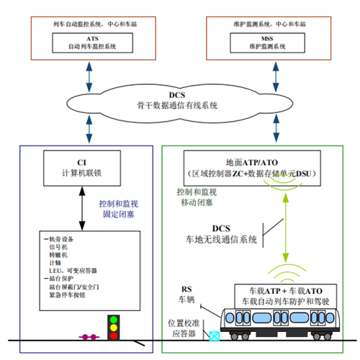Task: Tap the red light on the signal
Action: (112, 319)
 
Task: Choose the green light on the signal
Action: (112, 338)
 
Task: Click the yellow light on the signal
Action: (112, 328)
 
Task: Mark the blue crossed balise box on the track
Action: (214, 335)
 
